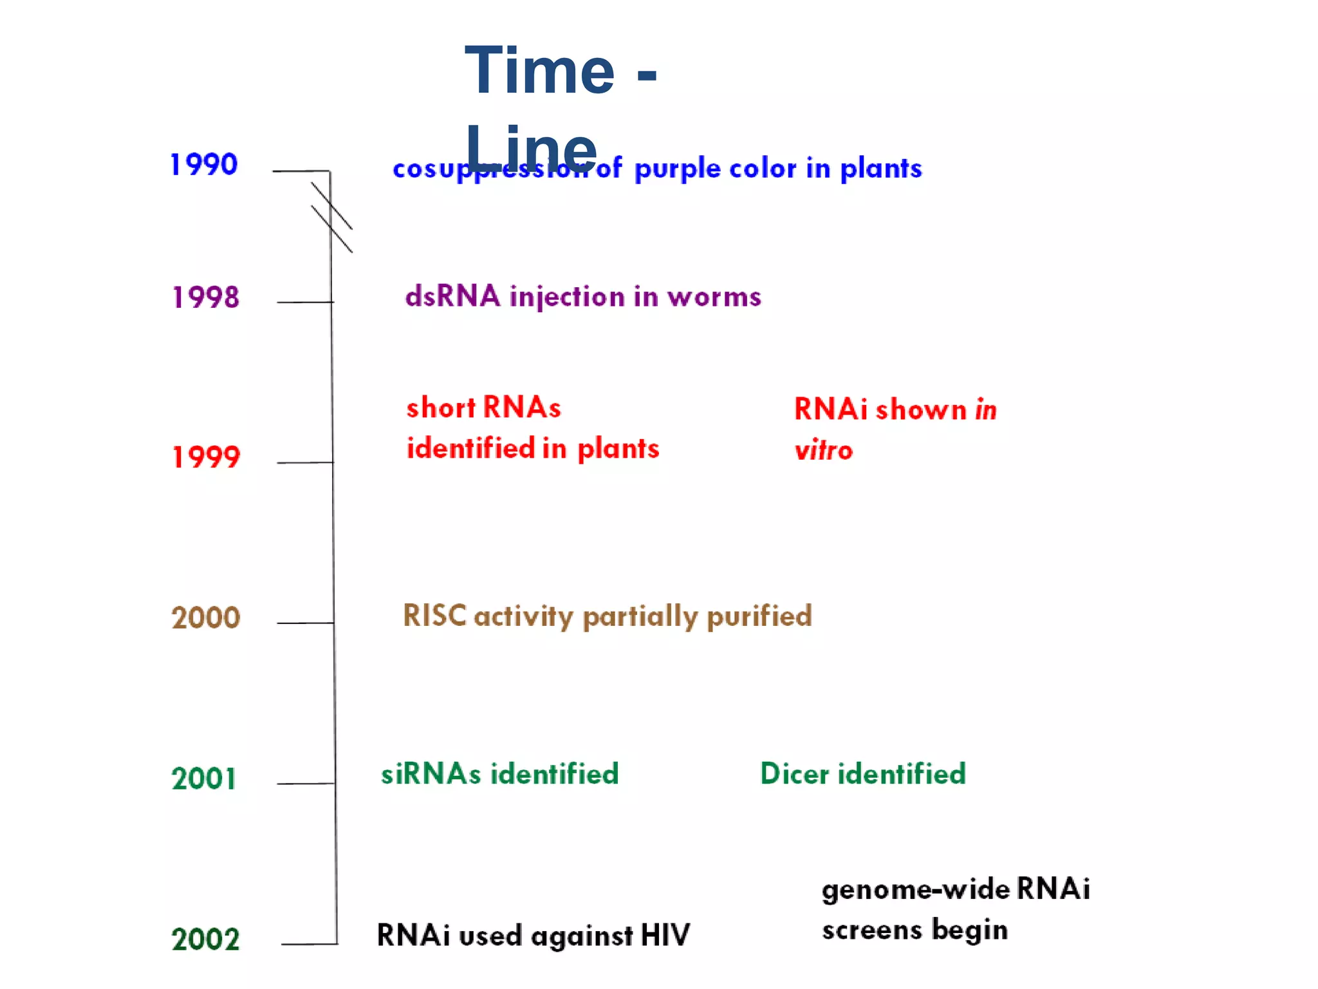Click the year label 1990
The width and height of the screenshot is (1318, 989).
(x=204, y=165)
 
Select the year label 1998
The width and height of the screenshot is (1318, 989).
(x=206, y=297)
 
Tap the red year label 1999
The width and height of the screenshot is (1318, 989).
(x=206, y=457)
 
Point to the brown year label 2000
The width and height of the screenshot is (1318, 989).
(x=206, y=618)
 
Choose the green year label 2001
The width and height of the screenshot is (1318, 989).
(x=204, y=778)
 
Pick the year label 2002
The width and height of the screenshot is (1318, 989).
(x=206, y=939)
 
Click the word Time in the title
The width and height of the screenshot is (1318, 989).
(x=539, y=71)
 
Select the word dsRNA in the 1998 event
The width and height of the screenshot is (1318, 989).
(x=452, y=297)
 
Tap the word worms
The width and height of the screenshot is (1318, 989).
(x=714, y=297)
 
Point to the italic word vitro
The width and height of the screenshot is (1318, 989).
(x=823, y=450)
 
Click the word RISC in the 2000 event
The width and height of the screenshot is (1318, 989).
(x=434, y=616)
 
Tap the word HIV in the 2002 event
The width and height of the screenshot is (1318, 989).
(x=665, y=936)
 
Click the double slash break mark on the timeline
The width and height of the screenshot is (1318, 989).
(x=331, y=218)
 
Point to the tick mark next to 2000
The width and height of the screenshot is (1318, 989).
(x=305, y=623)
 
